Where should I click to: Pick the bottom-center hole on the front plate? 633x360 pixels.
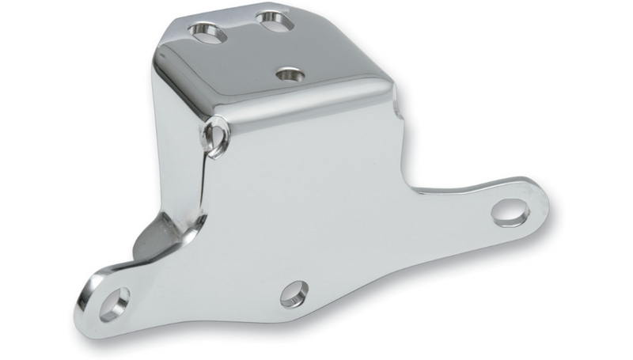pyautogui.click(x=293, y=293)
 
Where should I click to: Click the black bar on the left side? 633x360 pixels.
pyautogui.click(x=32, y=180)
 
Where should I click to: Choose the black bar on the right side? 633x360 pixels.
pyautogui.click(x=601, y=180)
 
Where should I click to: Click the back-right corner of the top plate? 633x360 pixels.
pyautogui.click(x=316, y=9)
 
